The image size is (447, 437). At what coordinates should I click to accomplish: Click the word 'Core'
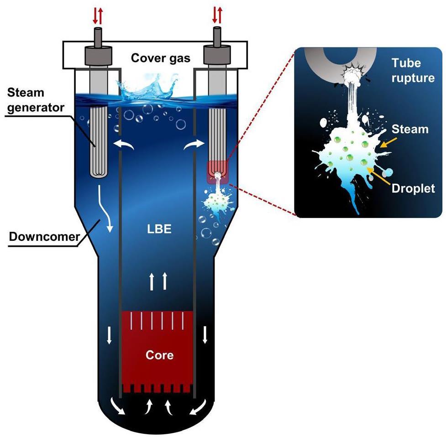click(x=159, y=354)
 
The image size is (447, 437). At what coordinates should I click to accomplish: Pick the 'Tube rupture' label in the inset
click(x=412, y=70)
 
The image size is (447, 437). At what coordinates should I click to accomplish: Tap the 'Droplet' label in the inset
click(x=413, y=188)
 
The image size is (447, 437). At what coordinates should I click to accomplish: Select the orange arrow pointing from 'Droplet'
click(x=381, y=175)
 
